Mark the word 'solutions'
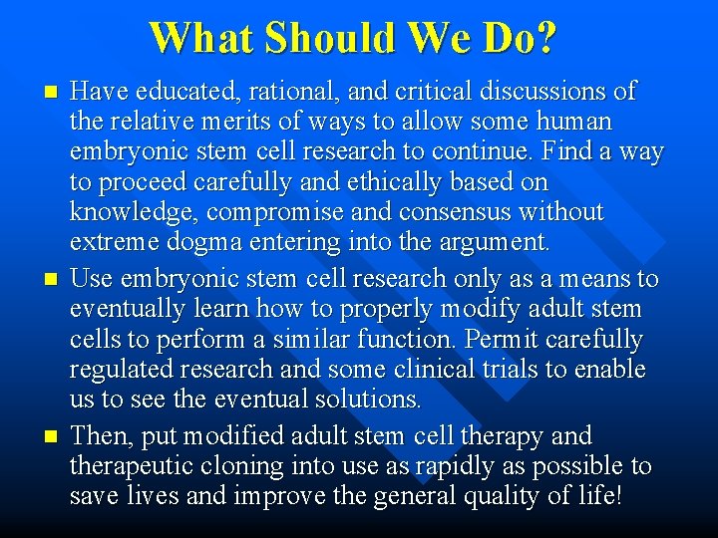pos(370,400)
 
